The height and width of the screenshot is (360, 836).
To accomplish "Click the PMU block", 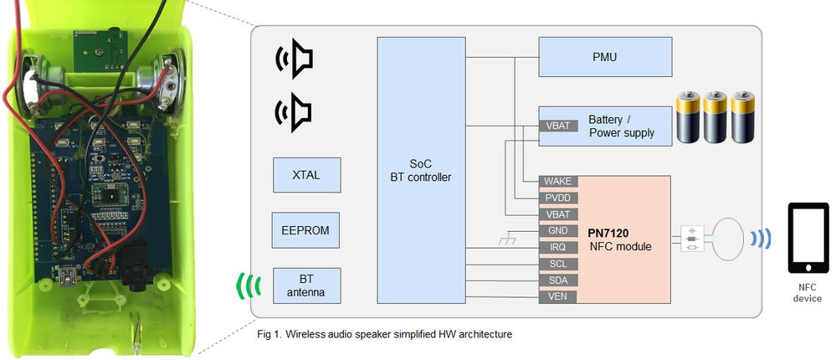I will tap(605, 59).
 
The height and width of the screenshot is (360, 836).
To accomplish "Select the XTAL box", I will tap(306, 175).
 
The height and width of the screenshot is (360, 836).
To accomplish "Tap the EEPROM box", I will tap(306, 230).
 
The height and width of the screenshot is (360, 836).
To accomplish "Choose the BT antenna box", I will tap(306, 285).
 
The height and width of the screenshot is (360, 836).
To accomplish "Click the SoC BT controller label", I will tap(420, 170).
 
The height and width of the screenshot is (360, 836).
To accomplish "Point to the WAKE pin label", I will tap(557, 182).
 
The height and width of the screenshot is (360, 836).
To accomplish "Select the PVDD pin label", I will tap(557, 198).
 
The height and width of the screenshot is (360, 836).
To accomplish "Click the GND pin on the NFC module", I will tap(557, 231).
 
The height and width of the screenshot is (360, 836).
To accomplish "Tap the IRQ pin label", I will tap(557, 248).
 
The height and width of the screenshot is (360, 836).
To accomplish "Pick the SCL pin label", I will tap(557, 265).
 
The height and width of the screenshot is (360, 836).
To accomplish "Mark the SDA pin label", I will tap(557, 280).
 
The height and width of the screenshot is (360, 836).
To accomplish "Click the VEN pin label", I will tap(557, 296).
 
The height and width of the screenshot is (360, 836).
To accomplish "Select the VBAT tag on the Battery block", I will tap(558, 126).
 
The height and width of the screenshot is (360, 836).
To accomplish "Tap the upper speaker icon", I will tap(295, 59).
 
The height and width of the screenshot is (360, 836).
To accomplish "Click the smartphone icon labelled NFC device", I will tap(808, 239).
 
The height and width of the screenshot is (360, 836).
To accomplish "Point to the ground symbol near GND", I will tap(505, 241).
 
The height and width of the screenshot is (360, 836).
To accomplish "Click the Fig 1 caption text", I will tap(384, 334).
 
